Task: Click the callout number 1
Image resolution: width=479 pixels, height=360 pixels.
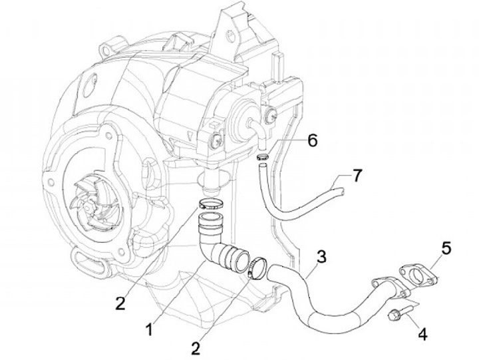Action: tap(150, 328)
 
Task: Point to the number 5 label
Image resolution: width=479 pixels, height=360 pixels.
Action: tap(446, 248)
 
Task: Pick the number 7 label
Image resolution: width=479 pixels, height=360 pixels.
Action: tap(357, 176)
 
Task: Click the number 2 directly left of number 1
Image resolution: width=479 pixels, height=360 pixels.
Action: tap(120, 303)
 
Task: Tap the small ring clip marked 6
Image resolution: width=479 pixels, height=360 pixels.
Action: tap(262, 157)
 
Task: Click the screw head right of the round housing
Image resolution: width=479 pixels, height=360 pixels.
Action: tap(271, 120)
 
